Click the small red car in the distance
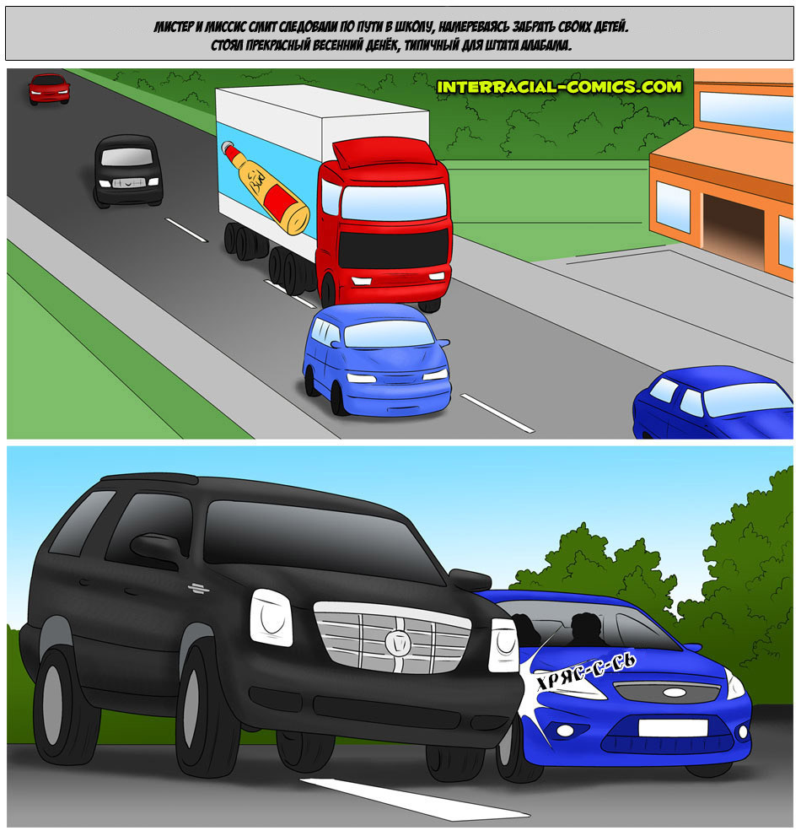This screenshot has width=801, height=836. click(x=49, y=89)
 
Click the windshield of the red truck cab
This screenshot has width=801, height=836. click(x=393, y=201)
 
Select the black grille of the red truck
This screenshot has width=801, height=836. click(x=393, y=250)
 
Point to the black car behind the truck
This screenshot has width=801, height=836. click(x=128, y=170)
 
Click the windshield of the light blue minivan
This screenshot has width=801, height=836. click(x=389, y=334)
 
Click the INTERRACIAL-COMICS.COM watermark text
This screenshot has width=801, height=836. click(x=559, y=87)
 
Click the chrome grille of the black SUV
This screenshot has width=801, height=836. click(x=393, y=637)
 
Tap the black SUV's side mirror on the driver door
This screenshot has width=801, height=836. click(x=156, y=548)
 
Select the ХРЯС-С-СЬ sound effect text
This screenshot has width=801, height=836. click(x=585, y=671)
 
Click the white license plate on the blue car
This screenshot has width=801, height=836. click(x=673, y=728)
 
